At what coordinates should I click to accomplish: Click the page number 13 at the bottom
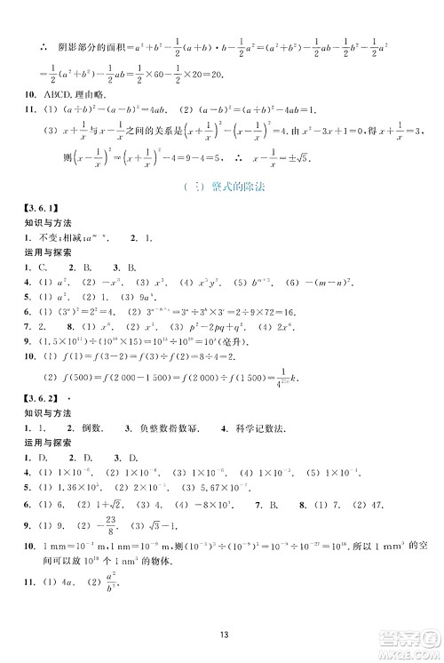point(222,635)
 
